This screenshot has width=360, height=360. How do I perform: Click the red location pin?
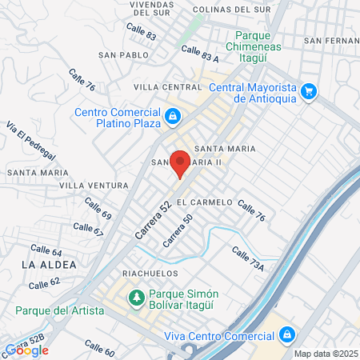point(180,162)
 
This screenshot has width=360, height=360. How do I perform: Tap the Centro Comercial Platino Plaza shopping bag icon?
point(172,118)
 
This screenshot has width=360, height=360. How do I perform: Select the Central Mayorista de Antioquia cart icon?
point(310,91)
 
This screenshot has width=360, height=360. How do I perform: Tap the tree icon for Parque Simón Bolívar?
point(136,298)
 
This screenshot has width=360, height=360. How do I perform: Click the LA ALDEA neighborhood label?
point(50,263)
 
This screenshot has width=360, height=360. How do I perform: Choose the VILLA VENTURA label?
point(94,186)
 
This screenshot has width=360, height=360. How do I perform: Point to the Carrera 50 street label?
point(178,231)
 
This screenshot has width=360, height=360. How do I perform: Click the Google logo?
point(27,350)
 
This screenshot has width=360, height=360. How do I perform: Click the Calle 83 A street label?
point(200,53)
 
